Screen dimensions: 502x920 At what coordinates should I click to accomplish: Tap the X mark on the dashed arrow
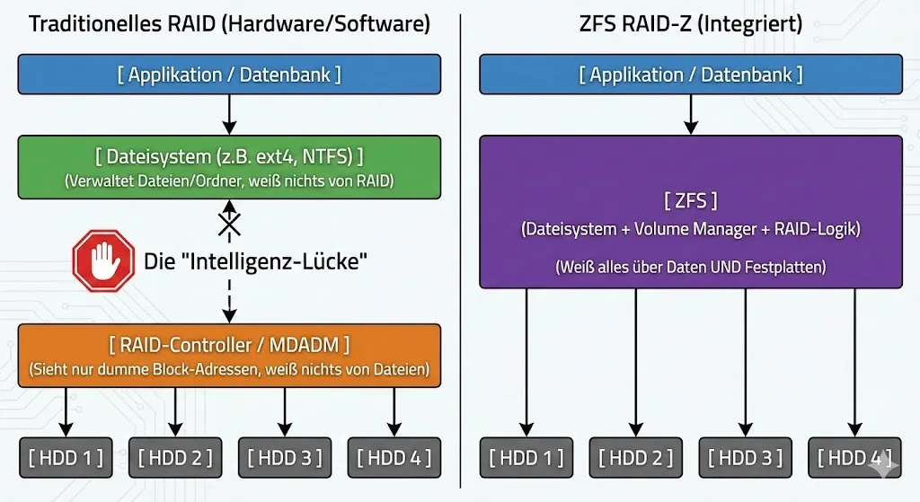click(230, 221)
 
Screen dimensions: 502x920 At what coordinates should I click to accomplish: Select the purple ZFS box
click(690, 212)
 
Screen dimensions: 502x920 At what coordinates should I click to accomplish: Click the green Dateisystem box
click(229, 166)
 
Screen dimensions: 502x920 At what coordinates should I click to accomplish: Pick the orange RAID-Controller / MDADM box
click(229, 356)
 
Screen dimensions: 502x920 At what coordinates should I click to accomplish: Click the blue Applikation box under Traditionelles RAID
click(229, 75)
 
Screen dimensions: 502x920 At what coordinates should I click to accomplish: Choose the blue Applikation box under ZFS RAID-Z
click(690, 75)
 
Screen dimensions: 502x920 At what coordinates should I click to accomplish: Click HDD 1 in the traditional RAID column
click(66, 458)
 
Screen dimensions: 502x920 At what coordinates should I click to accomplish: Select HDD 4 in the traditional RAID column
click(394, 458)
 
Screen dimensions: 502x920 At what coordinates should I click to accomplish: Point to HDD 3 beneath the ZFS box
click(746, 458)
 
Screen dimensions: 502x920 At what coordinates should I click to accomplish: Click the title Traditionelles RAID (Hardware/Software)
click(229, 24)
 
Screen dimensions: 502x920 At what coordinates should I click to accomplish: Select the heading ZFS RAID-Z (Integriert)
click(690, 24)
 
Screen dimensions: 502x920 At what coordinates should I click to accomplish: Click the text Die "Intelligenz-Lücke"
click(257, 262)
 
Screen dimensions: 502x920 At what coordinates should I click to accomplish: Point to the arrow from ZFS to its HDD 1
click(527, 359)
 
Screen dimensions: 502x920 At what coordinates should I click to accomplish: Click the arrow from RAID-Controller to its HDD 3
click(285, 410)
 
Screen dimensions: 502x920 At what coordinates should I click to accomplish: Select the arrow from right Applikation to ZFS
click(690, 114)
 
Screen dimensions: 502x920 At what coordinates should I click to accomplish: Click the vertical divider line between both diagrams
click(460, 251)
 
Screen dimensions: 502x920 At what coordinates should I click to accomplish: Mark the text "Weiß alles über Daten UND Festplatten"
click(690, 267)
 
